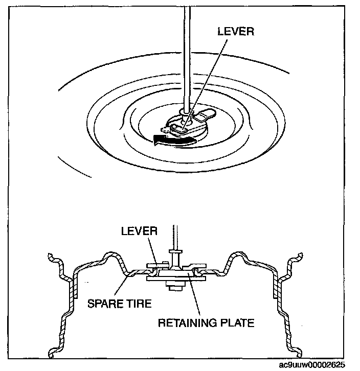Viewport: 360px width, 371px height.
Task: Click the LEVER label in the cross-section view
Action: (x=139, y=230)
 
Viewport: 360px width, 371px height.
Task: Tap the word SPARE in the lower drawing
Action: (x=104, y=304)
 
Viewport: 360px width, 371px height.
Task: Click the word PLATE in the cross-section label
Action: (x=236, y=323)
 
